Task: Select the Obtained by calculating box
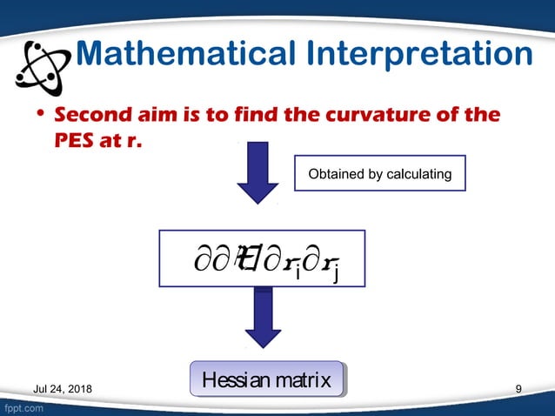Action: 380,175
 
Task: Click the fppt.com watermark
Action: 23,407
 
